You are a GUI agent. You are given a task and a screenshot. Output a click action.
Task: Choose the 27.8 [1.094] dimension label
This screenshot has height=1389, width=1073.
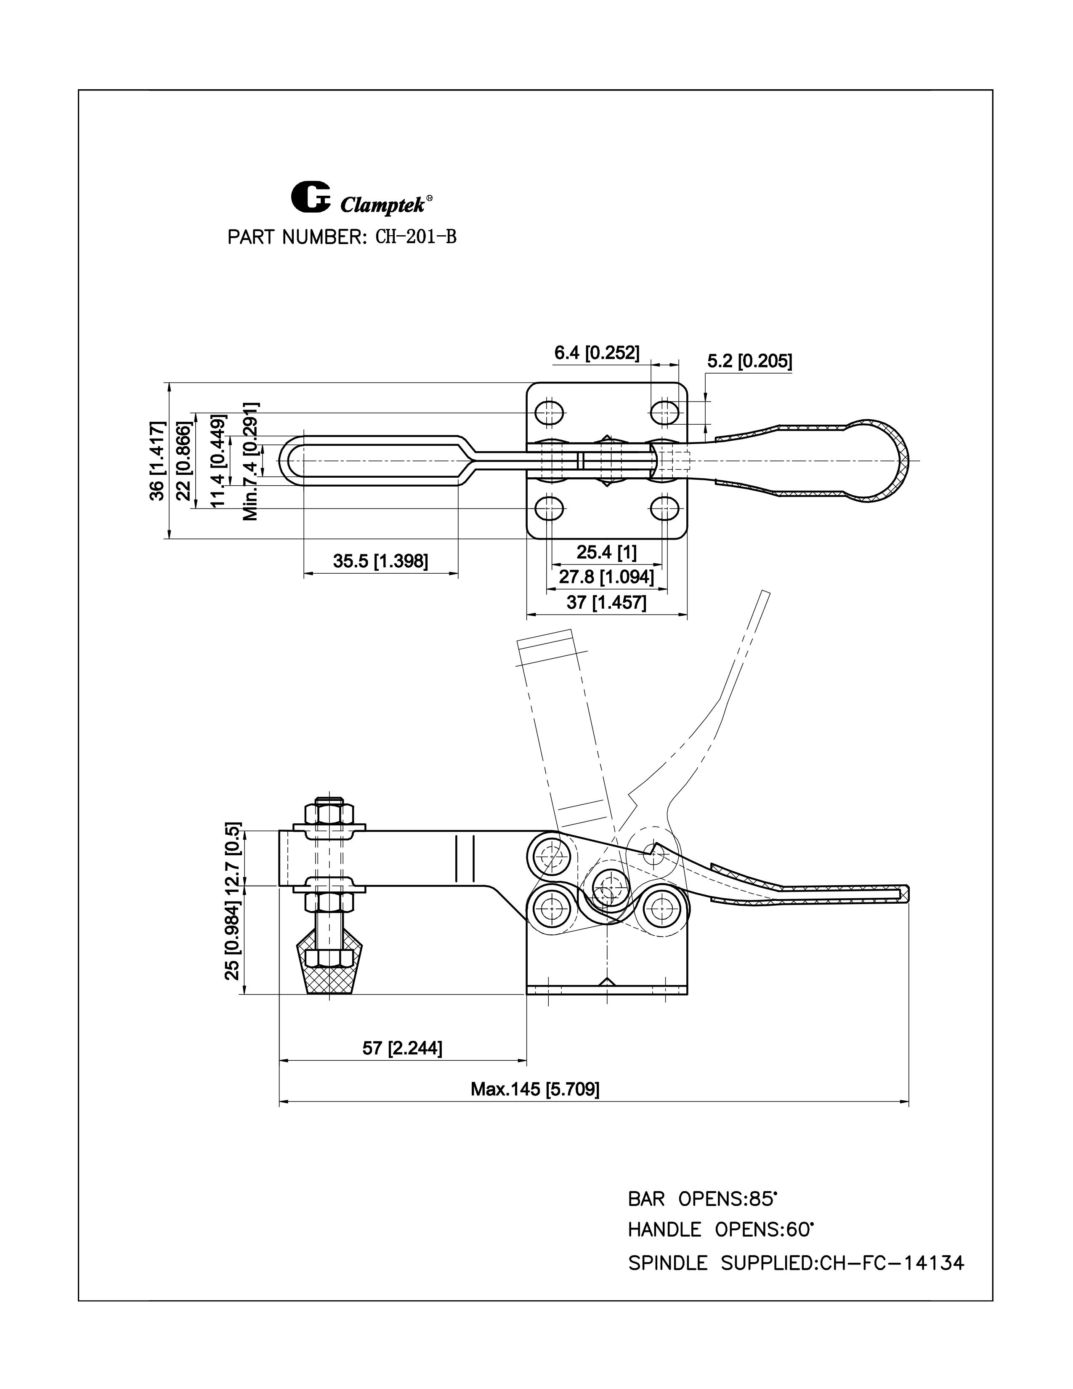coord(606,577)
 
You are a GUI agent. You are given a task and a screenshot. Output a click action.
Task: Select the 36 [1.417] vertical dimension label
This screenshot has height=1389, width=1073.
coord(157,460)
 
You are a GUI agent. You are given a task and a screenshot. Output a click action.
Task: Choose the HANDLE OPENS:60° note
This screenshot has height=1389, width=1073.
coord(721,1230)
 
